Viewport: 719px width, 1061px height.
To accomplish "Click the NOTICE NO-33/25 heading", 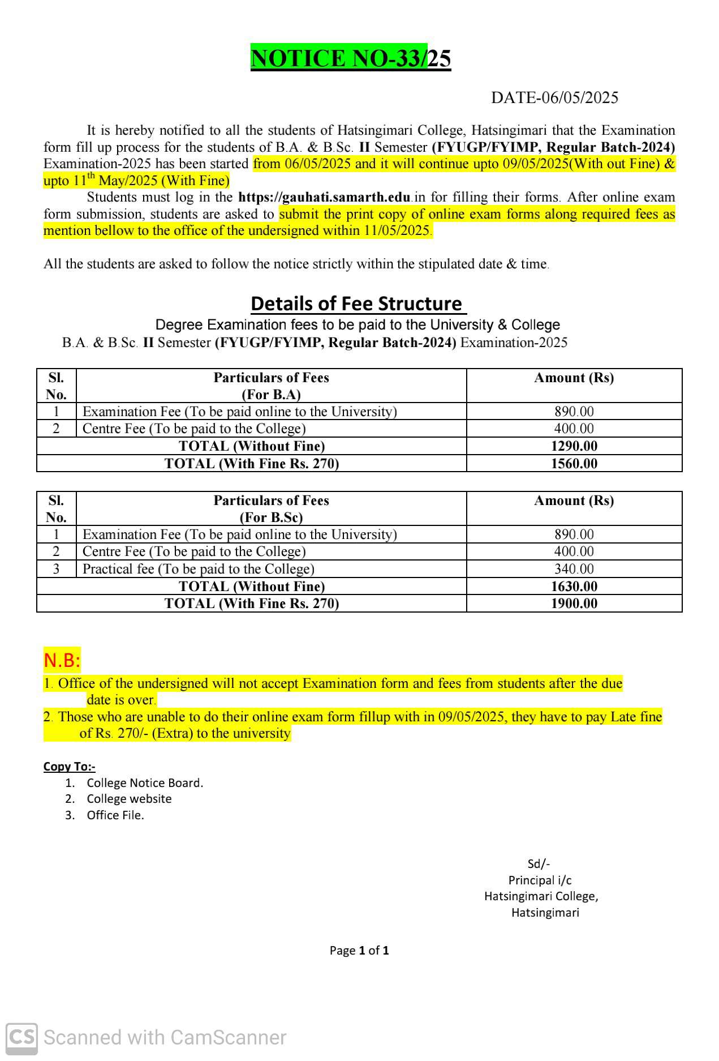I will pyautogui.click(x=351, y=59).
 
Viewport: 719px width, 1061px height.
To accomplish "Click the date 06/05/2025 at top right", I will pyautogui.click(x=554, y=98).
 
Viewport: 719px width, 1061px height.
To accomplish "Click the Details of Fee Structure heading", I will pyautogui.click(x=358, y=304).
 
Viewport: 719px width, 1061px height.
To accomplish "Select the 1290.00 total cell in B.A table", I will pyautogui.click(x=574, y=446).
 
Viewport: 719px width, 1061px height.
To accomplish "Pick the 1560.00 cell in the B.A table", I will pyautogui.click(x=574, y=464).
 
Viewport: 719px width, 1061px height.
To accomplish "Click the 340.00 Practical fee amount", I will pyautogui.click(x=574, y=569).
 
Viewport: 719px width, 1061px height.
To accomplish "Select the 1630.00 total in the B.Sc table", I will pyautogui.click(x=574, y=587).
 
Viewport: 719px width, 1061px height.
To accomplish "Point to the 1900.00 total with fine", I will pyautogui.click(x=574, y=604).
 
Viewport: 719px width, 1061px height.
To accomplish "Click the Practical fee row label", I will pyautogui.click(x=198, y=569).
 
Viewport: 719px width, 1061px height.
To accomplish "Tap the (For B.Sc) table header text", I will pyautogui.click(x=271, y=517).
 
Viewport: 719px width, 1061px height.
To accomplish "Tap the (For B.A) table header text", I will pyautogui.click(x=271, y=395).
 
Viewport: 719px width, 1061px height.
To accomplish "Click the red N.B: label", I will pyautogui.click(x=62, y=660).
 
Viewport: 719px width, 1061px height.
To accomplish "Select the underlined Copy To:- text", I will pyautogui.click(x=69, y=767).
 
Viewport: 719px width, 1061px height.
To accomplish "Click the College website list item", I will pyautogui.click(x=129, y=799).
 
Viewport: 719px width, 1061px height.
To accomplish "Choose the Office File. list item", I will pyautogui.click(x=115, y=815).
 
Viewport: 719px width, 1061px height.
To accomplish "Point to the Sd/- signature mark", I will pyautogui.click(x=539, y=864).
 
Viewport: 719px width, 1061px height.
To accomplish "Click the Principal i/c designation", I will pyautogui.click(x=540, y=880).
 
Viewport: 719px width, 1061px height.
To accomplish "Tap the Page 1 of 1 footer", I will pyautogui.click(x=359, y=951).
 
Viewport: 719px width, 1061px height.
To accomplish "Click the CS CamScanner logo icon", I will pyautogui.click(x=21, y=1038).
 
